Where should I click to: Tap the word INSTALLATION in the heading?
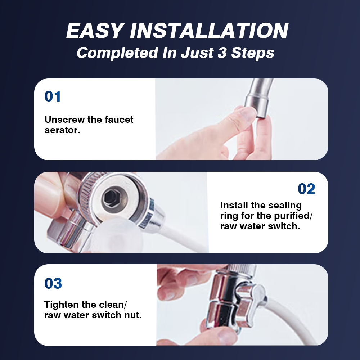(x=209, y=31)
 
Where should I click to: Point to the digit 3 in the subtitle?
(x=222, y=53)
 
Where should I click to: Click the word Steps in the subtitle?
(x=253, y=53)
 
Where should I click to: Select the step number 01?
(x=53, y=96)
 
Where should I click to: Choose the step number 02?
(x=306, y=189)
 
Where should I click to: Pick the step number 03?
(x=53, y=283)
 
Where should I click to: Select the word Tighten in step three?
(x=62, y=305)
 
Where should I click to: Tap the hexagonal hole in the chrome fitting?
(x=109, y=197)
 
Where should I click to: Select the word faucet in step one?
(x=119, y=120)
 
